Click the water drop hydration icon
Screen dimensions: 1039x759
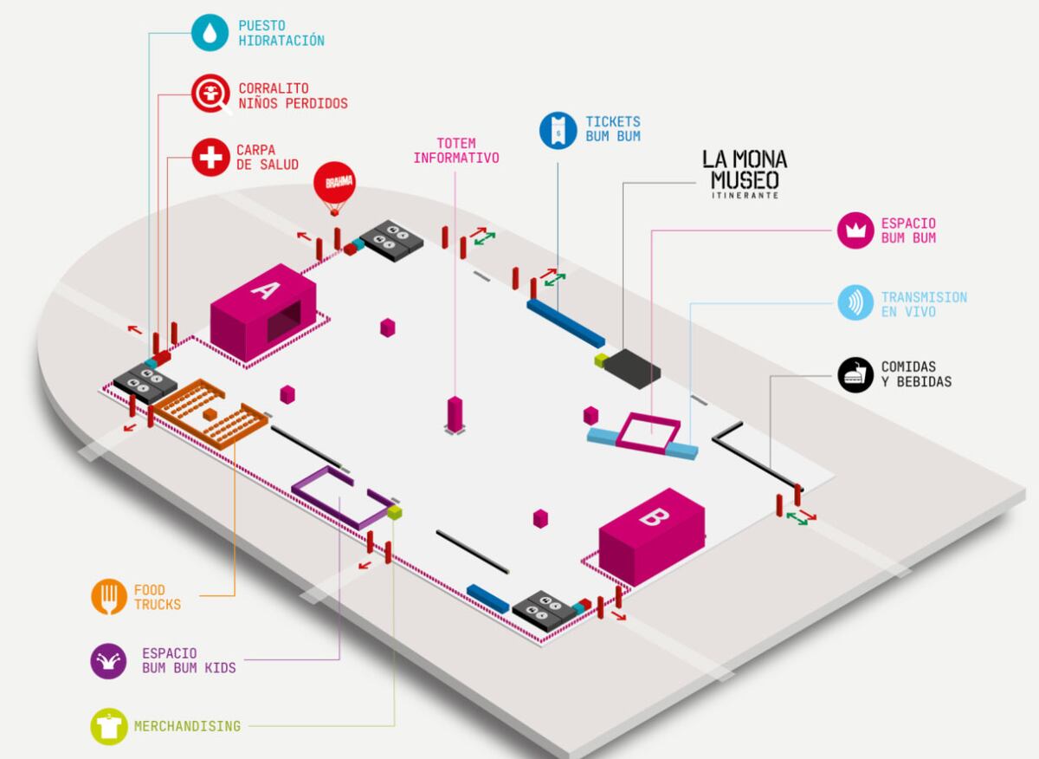tap(210, 33)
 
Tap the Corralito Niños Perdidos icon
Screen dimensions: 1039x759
tap(211, 94)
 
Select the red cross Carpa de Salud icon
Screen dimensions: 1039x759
tap(210, 158)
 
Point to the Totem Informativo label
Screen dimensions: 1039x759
tap(456, 151)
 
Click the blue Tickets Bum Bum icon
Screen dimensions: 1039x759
tap(558, 131)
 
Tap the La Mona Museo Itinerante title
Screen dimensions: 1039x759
tap(745, 173)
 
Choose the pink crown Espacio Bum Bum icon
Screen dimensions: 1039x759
tap(855, 230)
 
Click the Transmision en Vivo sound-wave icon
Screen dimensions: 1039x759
tap(855, 302)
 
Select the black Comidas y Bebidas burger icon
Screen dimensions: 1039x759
tap(855, 374)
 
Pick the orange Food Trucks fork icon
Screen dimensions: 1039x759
tap(109, 597)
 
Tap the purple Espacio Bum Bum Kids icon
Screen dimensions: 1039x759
tap(108, 661)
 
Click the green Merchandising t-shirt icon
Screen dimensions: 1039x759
tap(109, 726)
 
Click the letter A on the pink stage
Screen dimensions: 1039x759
tap(265, 290)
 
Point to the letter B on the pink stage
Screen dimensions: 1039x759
tap(654, 516)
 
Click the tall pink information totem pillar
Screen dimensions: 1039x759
tap(455, 414)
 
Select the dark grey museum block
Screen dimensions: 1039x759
tap(632, 368)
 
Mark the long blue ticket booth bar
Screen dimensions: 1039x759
tap(566, 323)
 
